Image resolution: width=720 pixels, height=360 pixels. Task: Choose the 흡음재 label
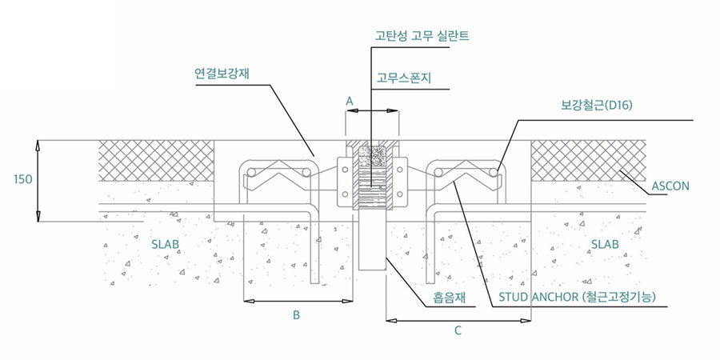(450, 298)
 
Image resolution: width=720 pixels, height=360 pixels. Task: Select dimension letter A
(349, 102)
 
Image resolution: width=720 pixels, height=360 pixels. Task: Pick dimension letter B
(296, 315)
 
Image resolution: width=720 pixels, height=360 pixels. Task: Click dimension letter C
(458, 330)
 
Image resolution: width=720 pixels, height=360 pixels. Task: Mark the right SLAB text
(604, 244)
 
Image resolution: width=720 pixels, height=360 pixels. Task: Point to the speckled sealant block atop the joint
(372, 154)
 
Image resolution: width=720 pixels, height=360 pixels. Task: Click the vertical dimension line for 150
(39, 181)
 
